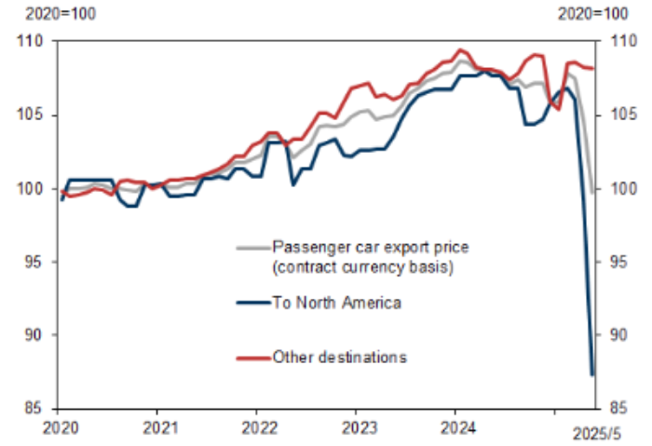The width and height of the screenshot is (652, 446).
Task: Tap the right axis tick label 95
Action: (x=618, y=262)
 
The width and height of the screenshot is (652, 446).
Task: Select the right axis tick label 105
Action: (x=621, y=115)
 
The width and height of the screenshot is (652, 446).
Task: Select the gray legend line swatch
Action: (x=253, y=248)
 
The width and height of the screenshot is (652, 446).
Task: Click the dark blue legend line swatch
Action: (x=253, y=303)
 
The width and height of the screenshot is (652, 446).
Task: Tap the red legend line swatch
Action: (x=253, y=357)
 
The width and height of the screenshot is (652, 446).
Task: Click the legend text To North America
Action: (x=336, y=303)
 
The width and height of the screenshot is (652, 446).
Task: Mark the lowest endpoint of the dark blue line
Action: (x=592, y=374)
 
